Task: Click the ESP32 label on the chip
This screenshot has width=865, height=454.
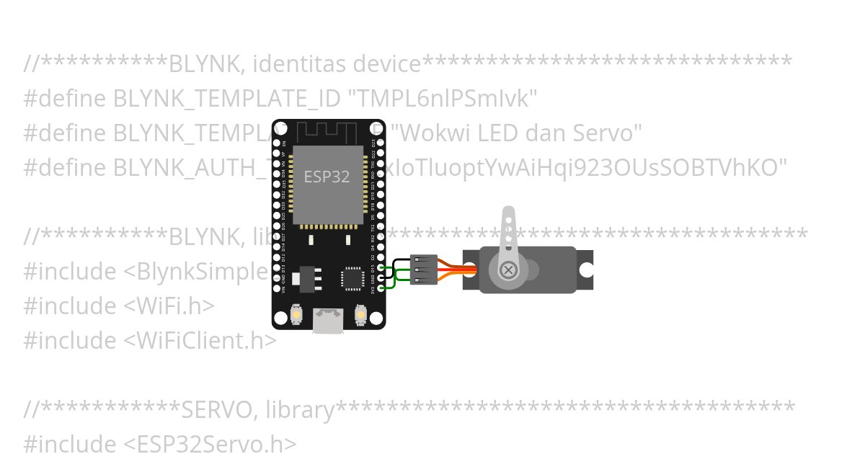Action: pyautogui.click(x=327, y=177)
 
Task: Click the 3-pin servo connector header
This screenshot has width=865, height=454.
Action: pyautogui.click(x=423, y=270)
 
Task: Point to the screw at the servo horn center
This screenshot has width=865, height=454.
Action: pyautogui.click(x=509, y=270)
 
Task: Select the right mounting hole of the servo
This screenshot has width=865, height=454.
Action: pyautogui.click(x=587, y=270)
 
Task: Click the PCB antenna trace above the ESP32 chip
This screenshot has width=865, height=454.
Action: pyautogui.click(x=328, y=133)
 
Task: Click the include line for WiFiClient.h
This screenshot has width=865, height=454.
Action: pyautogui.click(x=150, y=340)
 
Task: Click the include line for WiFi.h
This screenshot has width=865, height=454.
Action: pyautogui.click(x=119, y=306)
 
